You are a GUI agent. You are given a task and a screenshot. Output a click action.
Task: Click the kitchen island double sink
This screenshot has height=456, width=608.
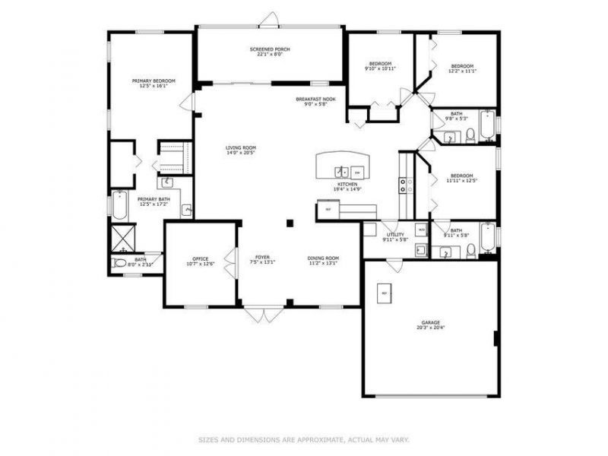pyautogui.click(x=343, y=172)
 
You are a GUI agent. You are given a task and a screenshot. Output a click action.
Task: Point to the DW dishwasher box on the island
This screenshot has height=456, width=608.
pyautogui.click(x=356, y=172)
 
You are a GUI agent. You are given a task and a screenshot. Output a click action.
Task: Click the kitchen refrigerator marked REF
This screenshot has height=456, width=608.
pyautogui.click(x=328, y=209)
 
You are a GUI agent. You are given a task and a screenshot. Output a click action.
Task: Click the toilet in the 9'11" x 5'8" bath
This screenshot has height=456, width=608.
pyautogui.click(x=471, y=251)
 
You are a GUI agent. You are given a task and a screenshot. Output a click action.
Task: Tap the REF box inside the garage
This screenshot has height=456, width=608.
pyautogui.click(x=385, y=293)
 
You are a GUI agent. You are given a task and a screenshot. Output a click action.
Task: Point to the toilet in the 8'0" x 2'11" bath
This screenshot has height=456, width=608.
pyautogui.click(x=119, y=264)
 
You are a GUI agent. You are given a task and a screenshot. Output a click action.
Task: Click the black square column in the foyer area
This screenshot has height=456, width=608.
pyautogui.click(x=289, y=223)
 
